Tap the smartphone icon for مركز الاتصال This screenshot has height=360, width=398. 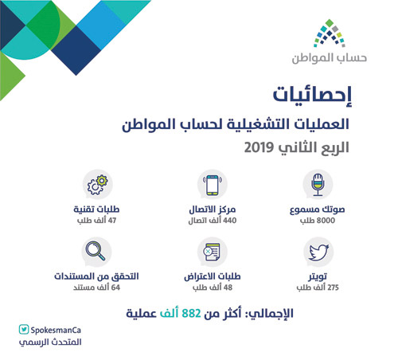pyautogui.click(x=213, y=185)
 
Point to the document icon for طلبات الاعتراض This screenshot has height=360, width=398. pyautogui.click(x=212, y=253)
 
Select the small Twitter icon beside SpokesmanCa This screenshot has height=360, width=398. pyautogui.click(x=25, y=329)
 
